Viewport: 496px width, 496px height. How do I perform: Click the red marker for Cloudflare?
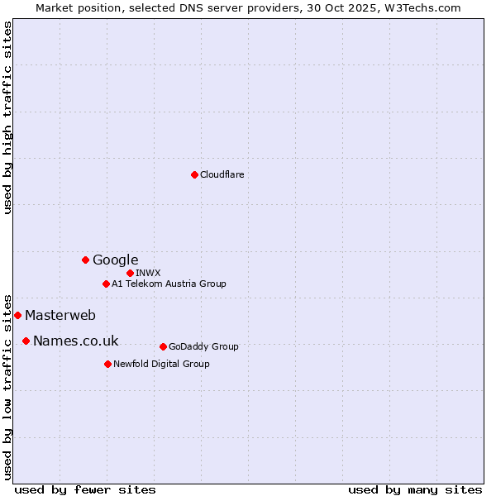(194, 174)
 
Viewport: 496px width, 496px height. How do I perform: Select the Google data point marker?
(85, 260)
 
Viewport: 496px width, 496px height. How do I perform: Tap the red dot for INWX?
(130, 273)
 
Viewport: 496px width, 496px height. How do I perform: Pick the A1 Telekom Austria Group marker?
(106, 284)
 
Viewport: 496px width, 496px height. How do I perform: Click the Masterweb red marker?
(17, 315)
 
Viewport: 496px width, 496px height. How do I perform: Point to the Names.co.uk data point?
(26, 341)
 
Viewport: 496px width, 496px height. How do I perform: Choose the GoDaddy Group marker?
(163, 346)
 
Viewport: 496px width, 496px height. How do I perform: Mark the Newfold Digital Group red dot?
(107, 364)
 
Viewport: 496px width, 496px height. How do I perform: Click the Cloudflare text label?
(222, 174)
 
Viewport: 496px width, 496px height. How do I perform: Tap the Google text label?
(115, 260)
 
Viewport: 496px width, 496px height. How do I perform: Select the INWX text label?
(148, 273)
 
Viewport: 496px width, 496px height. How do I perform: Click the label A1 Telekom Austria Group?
(169, 284)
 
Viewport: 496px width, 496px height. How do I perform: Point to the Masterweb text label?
(60, 315)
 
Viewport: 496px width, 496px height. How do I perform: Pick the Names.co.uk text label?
(75, 341)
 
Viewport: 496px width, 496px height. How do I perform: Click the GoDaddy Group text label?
(203, 346)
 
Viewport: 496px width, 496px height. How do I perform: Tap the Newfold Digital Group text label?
(161, 364)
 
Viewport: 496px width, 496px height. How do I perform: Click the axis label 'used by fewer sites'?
(85, 489)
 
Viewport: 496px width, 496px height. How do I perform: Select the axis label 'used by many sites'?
(415, 489)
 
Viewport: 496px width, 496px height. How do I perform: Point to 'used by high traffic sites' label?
(7, 117)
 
